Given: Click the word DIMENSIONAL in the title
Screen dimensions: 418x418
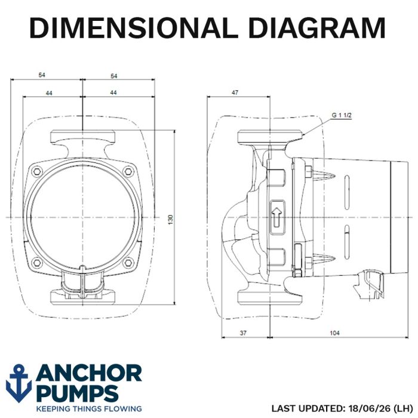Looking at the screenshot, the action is pos(134,27).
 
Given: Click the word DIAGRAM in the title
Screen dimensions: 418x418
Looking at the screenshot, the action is pos(316,27).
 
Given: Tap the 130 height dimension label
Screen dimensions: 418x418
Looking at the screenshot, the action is pos(171,220).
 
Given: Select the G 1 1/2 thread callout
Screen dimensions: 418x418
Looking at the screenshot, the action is pos(342,115).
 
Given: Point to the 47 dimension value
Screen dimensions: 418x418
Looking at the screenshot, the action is pos(235,93).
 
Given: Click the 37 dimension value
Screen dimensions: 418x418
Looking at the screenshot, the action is pos(243,333).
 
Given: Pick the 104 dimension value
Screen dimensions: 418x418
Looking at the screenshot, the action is pos(335,333).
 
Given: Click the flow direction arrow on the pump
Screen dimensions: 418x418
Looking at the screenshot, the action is pos(277,217).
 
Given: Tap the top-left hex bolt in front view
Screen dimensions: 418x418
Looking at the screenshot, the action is pos(37,171).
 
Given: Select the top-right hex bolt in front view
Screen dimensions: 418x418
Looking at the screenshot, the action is pos(128,171).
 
